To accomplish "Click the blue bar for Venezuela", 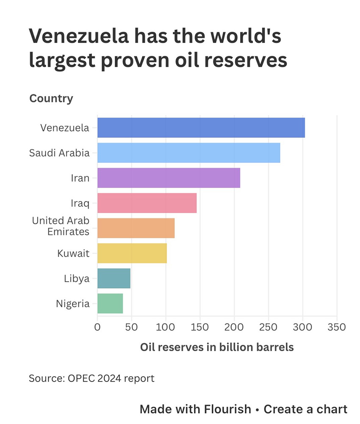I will pos(201,128).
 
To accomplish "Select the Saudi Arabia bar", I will pos(188,153).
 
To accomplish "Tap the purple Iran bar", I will pos(169,178).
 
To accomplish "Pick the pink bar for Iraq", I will pos(147,203).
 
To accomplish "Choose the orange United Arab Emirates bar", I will pos(136,228).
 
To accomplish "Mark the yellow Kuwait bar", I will pos(132,253).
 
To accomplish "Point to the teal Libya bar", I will pos(114,278).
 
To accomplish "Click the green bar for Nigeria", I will pos(110,303).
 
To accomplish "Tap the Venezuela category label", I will pos(65,128).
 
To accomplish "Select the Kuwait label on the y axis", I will pos(73,253).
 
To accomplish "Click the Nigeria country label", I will pos(72,304).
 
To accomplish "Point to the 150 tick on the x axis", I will pos(199,327).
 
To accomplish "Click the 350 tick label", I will pos(337,327).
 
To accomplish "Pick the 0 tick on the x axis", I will pos(97,327).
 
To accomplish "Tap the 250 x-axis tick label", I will pos(268,327).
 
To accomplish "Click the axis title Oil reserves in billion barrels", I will pos(217,347).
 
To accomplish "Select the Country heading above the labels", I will pos(51,99).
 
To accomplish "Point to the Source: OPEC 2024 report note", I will pos(91,378).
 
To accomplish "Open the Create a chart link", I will pos(305,409).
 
